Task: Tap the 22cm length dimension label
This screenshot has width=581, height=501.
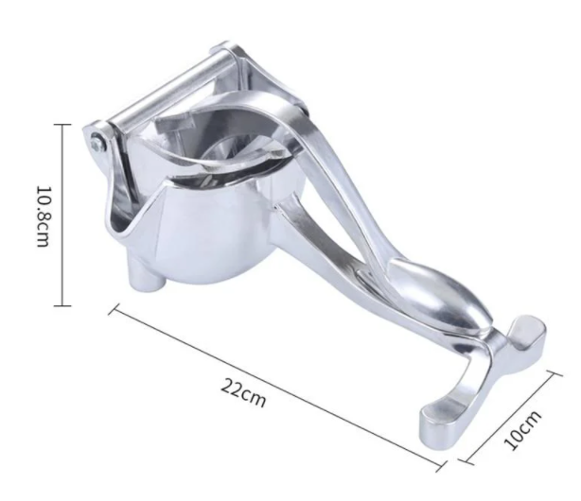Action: coord(243,392)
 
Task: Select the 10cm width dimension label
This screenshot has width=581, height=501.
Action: coord(522,430)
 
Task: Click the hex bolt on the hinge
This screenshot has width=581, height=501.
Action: coord(97,142)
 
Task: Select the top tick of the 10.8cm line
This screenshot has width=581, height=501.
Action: coord(62,125)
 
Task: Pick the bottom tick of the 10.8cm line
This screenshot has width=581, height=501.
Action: coord(62,306)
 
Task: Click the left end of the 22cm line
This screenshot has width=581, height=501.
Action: coord(114,309)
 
